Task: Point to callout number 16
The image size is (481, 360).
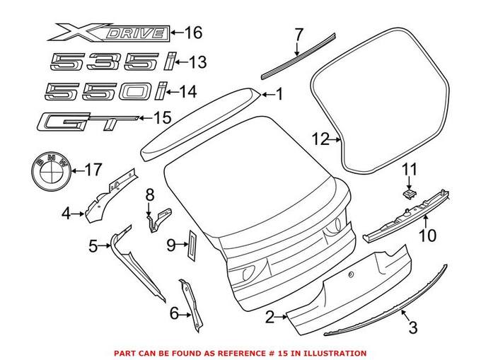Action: tap(193, 32)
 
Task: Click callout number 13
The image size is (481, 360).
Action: tap(197, 63)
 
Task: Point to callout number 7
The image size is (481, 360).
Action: tap(299, 33)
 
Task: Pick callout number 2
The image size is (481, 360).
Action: tap(270, 318)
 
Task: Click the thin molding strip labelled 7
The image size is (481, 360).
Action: tap(291, 61)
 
